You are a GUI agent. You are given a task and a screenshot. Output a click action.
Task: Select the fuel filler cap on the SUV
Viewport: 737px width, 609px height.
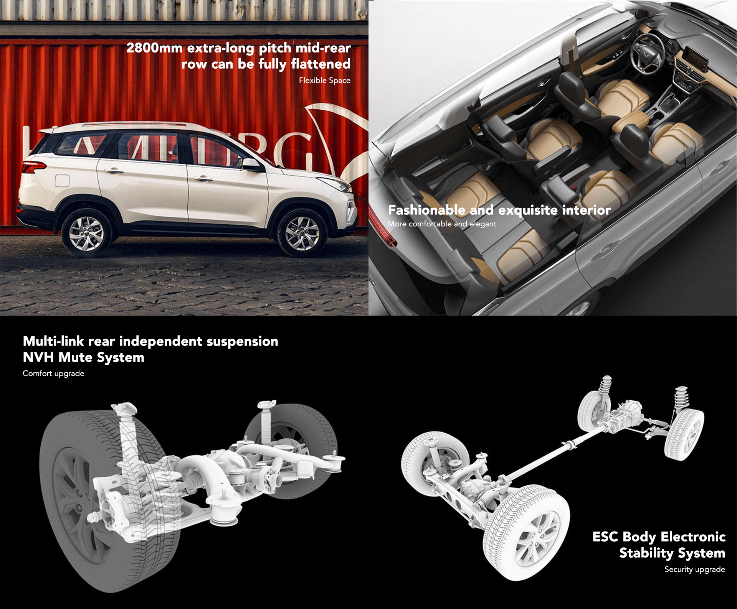(x=62, y=181)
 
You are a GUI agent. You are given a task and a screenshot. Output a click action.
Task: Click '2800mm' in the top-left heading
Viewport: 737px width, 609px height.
(x=154, y=48)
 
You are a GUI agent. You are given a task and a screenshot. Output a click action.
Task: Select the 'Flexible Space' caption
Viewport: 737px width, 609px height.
(x=325, y=81)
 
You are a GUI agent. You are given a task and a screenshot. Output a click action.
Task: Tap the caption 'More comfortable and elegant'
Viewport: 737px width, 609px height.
(x=442, y=224)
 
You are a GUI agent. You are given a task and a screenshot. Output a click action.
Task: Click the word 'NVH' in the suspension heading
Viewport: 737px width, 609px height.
(x=38, y=357)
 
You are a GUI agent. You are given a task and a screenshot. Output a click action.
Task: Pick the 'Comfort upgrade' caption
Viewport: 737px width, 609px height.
(x=53, y=374)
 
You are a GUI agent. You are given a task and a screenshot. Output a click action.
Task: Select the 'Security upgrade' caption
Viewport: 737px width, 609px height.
(x=695, y=569)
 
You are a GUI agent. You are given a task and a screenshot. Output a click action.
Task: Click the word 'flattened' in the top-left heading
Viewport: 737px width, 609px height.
(x=321, y=64)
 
